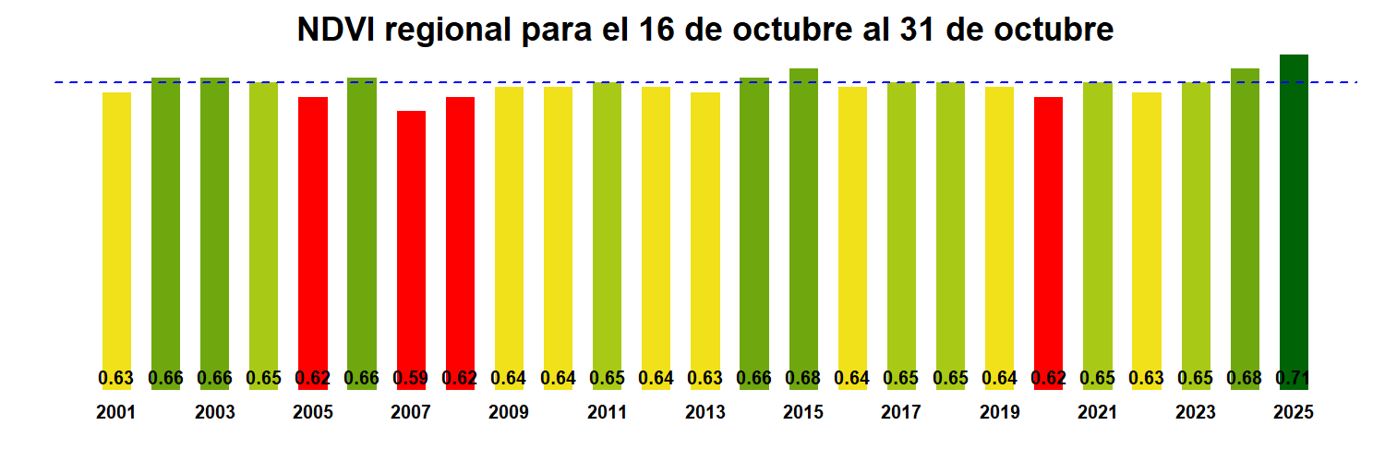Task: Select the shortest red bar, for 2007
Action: pyautogui.click(x=411, y=240)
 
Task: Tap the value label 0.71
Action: pyautogui.click(x=1294, y=378)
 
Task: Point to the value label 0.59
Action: pyautogui.click(x=411, y=378)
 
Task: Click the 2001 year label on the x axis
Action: pyautogui.click(x=116, y=413)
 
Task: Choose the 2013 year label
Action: pyautogui.click(x=705, y=413)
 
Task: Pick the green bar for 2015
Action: pyautogui.click(x=803, y=222)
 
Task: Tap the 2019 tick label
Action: pyautogui.click(x=1000, y=413)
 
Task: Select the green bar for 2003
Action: pyautogui.click(x=214, y=222)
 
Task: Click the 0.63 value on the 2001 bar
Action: pyautogui.click(x=116, y=378)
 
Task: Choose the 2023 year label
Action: pyautogui.click(x=1196, y=413)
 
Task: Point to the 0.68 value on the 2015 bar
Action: pyautogui.click(x=803, y=378)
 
